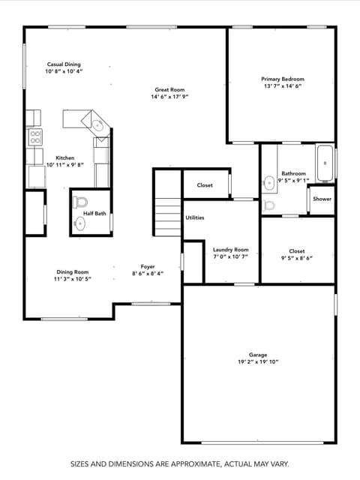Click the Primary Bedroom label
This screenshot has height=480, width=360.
point(283,79)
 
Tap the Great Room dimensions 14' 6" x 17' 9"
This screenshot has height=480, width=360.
point(169,97)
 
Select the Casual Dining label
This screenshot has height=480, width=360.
point(64,64)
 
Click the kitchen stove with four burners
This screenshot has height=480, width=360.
point(35,137)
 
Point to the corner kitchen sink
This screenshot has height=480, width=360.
point(97,125)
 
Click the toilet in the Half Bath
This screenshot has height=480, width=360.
point(80,202)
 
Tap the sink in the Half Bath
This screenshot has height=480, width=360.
point(80,223)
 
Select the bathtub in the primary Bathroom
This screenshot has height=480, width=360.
point(325,163)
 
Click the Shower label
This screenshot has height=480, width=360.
point(322,199)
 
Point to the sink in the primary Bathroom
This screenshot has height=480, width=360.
point(269,183)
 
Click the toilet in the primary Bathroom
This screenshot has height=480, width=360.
point(268,205)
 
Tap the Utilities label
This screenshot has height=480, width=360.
point(195,217)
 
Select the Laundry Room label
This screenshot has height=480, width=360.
point(230,250)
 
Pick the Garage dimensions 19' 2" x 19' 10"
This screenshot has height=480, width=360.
point(258,361)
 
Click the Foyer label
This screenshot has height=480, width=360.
point(148,267)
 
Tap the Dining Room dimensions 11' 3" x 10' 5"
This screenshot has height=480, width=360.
point(73,279)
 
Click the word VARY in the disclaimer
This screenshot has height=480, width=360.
point(279,464)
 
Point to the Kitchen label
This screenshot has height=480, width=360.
point(65,158)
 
